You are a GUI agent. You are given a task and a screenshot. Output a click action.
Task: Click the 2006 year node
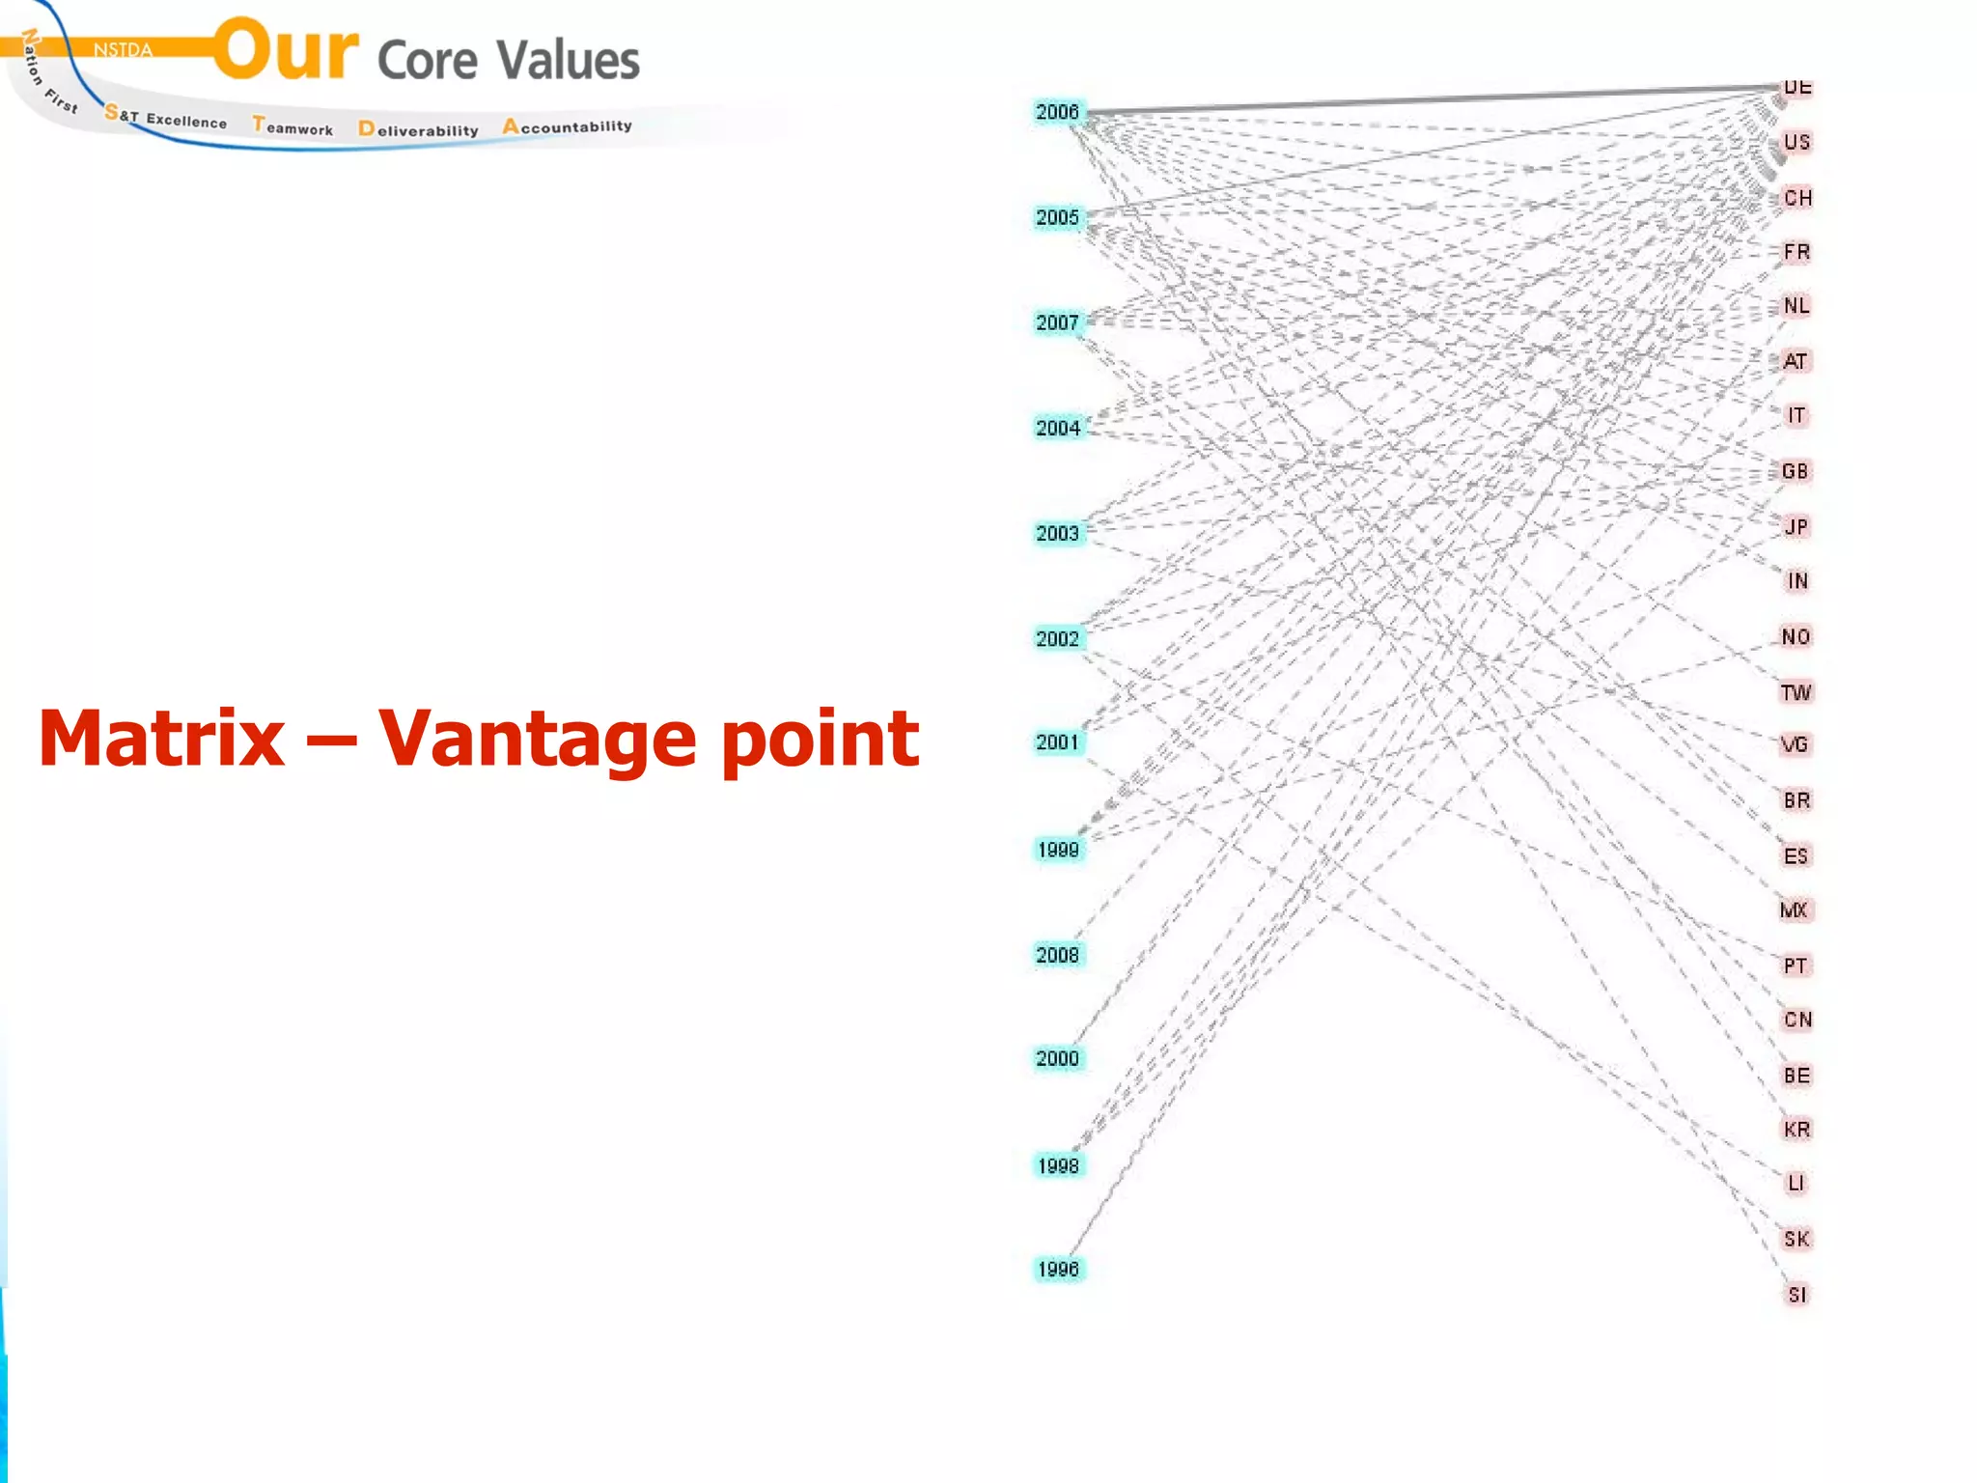coord(1057,112)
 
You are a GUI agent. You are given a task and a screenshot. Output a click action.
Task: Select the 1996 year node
coord(1058,1269)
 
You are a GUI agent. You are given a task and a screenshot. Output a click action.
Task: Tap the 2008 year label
coord(1057,955)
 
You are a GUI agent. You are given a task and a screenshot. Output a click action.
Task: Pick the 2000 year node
coord(1057,1058)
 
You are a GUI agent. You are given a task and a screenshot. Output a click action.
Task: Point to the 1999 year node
coord(1058,850)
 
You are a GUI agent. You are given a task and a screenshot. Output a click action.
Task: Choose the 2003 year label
coord(1057,533)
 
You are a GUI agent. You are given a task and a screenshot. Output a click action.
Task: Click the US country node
coord(1796,143)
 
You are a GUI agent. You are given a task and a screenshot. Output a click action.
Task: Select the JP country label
coord(1796,526)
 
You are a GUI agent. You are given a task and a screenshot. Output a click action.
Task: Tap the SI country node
coord(1796,1295)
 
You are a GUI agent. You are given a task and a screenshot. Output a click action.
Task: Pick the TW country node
coord(1796,692)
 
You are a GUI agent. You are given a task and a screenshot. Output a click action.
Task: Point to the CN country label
coord(1797,1020)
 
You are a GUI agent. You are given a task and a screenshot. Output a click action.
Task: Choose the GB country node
coord(1795,471)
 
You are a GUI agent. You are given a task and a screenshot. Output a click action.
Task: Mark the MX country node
coord(1794,909)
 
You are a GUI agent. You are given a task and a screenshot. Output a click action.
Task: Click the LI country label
coord(1796,1183)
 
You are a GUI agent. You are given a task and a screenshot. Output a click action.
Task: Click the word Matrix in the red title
coord(162,739)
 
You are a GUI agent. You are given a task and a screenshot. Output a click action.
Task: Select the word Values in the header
coord(569,60)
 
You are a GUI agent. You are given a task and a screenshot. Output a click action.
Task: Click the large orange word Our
coord(286,50)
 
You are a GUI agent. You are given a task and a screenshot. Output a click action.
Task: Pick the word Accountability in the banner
coord(568,126)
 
